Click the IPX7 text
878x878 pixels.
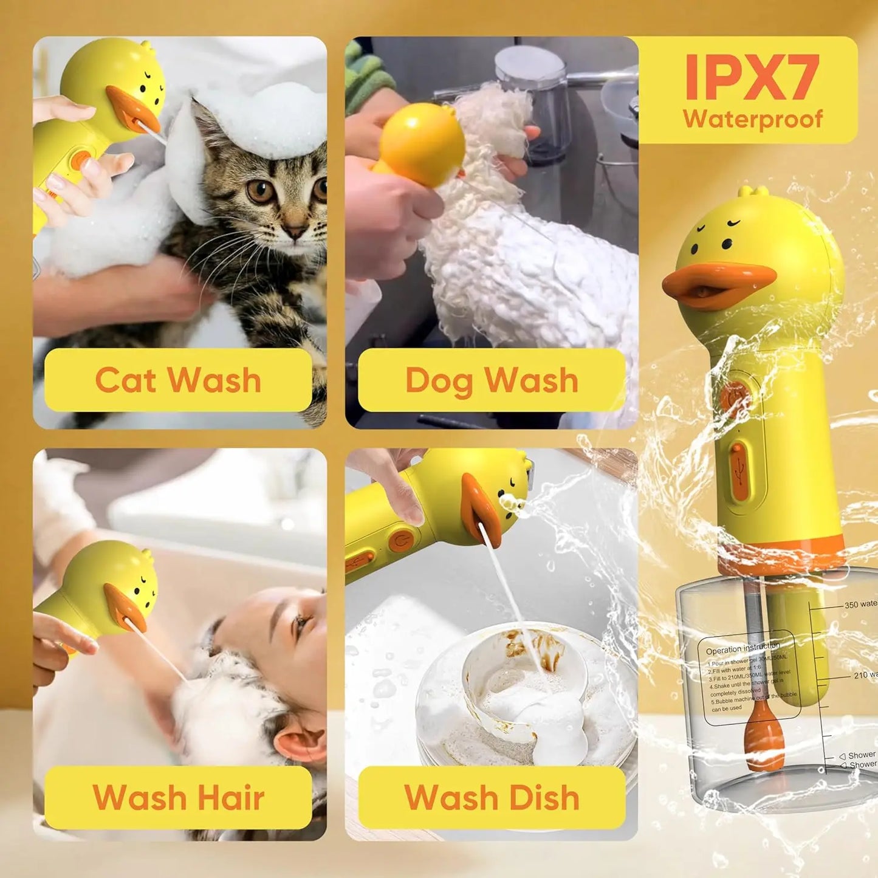(x=752, y=77)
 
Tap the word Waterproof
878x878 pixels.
(x=752, y=120)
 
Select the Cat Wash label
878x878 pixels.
(x=178, y=380)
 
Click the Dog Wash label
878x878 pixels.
(x=491, y=380)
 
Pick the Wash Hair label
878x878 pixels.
(x=178, y=797)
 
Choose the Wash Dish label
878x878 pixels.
(x=491, y=797)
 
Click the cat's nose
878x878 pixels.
(x=296, y=232)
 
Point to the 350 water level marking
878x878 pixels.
(x=859, y=605)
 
